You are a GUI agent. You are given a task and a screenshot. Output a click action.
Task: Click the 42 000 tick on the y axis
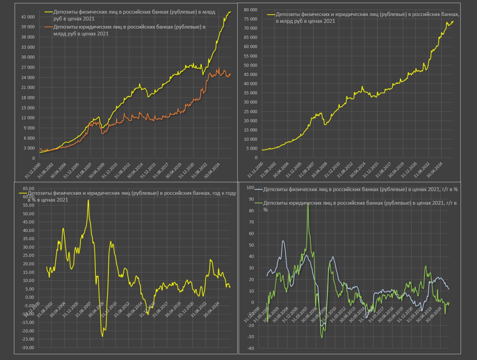28,17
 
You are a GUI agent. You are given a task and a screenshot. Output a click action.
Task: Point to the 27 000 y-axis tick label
28,67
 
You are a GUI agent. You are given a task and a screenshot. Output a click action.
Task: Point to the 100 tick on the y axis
250,188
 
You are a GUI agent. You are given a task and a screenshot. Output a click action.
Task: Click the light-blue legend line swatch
259,189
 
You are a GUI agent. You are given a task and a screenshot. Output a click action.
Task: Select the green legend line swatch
259,203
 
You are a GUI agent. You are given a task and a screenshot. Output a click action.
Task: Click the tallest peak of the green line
308,204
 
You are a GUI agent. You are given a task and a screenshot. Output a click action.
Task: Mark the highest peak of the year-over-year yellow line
88,200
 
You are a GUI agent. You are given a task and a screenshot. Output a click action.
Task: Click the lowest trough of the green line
322,338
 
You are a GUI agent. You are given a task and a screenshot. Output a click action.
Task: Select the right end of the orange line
231,73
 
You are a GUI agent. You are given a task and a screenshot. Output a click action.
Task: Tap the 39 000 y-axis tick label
28,27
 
